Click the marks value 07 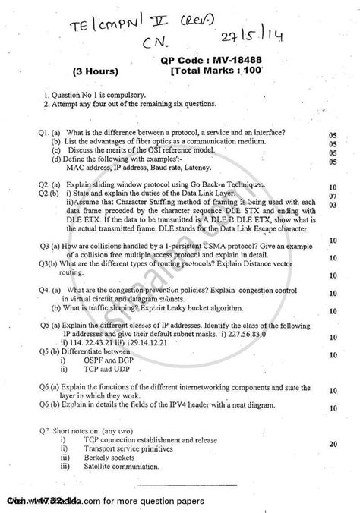332,196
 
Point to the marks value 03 332,206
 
